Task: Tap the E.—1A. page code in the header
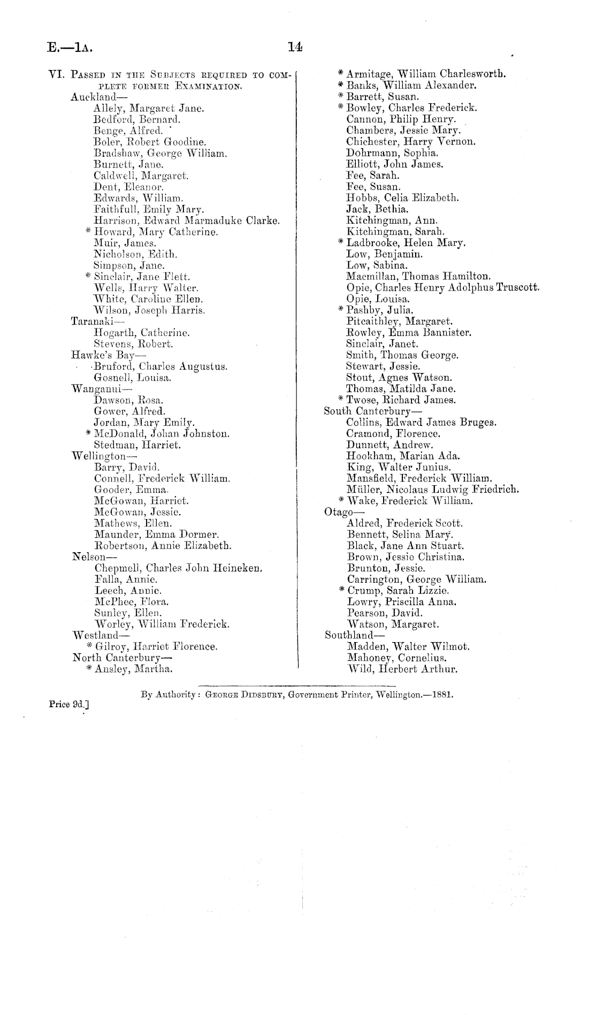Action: click(x=70, y=49)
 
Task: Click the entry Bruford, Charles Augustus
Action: click(x=161, y=367)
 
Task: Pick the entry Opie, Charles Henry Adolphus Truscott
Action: click(x=442, y=287)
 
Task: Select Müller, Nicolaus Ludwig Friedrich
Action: click(x=433, y=490)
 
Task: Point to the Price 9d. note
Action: click(x=69, y=705)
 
